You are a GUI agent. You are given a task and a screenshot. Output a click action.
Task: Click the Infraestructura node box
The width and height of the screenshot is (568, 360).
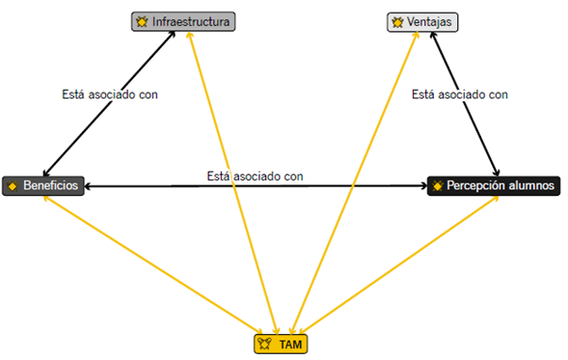pyautogui.click(x=183, y=20)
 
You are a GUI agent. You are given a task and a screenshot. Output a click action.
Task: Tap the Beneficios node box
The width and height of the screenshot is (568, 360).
pyautogui.click(x=44, y=184)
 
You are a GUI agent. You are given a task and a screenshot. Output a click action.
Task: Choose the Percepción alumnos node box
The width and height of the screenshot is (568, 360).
pyautogui.click(x=493, y=184)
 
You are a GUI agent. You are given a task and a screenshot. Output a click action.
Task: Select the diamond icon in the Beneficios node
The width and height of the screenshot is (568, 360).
pyautogui.click(x=12, y=184)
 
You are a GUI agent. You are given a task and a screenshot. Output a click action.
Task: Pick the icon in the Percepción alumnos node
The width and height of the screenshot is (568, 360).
pyautogui.click(x=438, y=184)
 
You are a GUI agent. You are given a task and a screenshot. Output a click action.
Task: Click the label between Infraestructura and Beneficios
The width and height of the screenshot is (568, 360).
pyautogui.click(x=109, y=95)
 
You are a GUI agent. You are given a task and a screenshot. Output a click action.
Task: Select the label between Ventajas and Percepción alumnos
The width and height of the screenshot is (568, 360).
pyautogui.click(x=459, y=95)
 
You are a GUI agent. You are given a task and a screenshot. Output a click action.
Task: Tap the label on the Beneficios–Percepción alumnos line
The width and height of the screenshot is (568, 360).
pyautogui.click(x=255, y=177)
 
